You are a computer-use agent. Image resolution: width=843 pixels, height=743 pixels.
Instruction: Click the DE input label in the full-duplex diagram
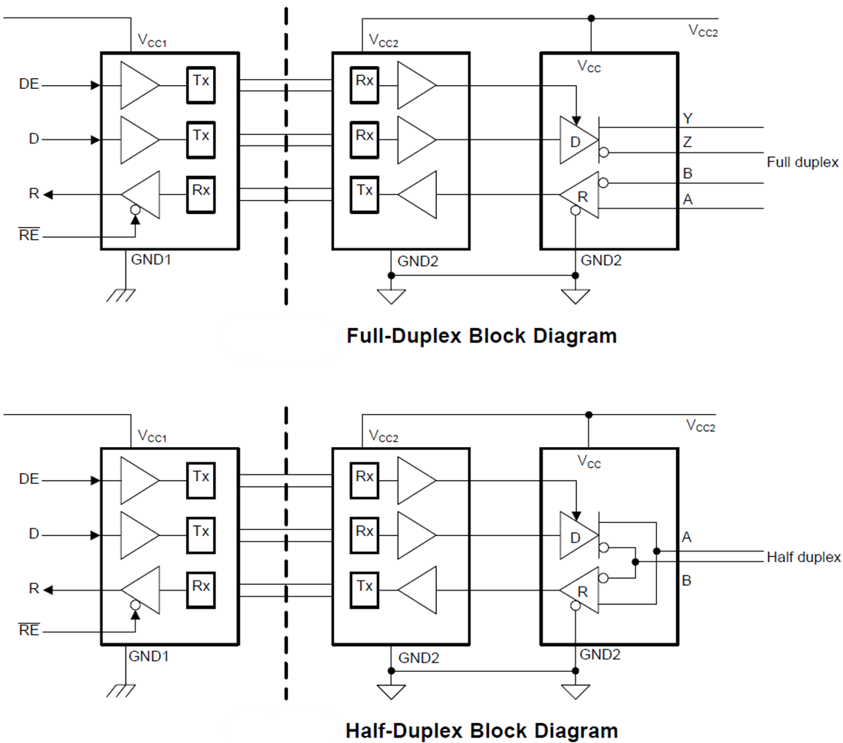(x=29, y=85)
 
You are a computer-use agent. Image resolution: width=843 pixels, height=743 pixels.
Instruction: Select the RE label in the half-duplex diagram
(x=28, y=631)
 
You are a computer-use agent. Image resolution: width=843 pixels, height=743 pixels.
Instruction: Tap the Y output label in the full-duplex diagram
(x=687, y=117)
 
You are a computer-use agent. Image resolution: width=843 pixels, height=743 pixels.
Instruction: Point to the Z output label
(x=687, y=143)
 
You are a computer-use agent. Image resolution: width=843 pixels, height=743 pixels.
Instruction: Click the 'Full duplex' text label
(x=802, y=163)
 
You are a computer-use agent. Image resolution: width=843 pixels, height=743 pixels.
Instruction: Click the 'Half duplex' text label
(x=803, y=557)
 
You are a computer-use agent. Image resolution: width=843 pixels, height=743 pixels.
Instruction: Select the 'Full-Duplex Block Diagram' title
(x=481, y=336)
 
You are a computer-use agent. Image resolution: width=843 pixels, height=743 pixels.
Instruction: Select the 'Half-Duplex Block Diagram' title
(x=481, y=730)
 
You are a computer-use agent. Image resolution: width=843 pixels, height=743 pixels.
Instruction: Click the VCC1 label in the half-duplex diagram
(x=152, y=436)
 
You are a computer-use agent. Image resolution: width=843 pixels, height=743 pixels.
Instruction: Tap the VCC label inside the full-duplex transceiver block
(x=589, y=67)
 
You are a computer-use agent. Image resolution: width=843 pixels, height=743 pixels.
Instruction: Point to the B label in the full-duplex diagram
(x=687, y=174)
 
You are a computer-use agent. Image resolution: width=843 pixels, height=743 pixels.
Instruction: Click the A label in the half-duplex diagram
(x=687, y=538)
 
